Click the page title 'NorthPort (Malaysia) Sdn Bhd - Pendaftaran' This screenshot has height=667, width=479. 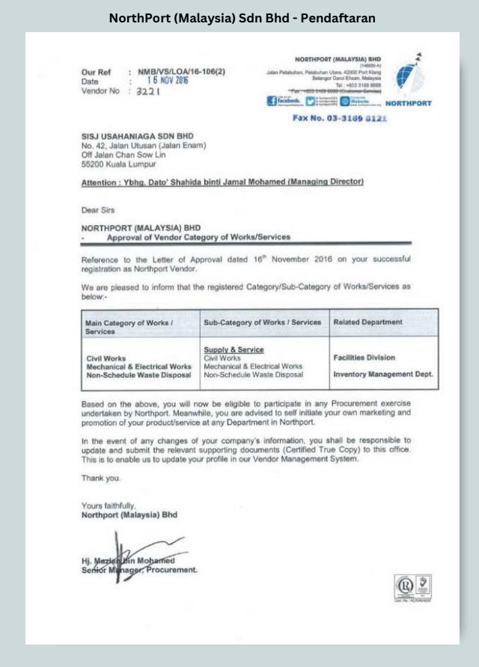242,17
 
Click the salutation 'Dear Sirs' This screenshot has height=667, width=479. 98,210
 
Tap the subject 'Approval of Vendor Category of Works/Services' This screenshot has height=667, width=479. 198,237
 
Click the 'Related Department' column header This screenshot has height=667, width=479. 367,322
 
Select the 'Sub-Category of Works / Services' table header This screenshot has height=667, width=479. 262,322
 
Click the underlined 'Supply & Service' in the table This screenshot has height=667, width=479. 234,349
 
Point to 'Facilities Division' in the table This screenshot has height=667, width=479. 364,357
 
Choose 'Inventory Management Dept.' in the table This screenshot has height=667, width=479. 382,374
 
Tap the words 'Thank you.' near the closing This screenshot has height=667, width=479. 101,477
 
